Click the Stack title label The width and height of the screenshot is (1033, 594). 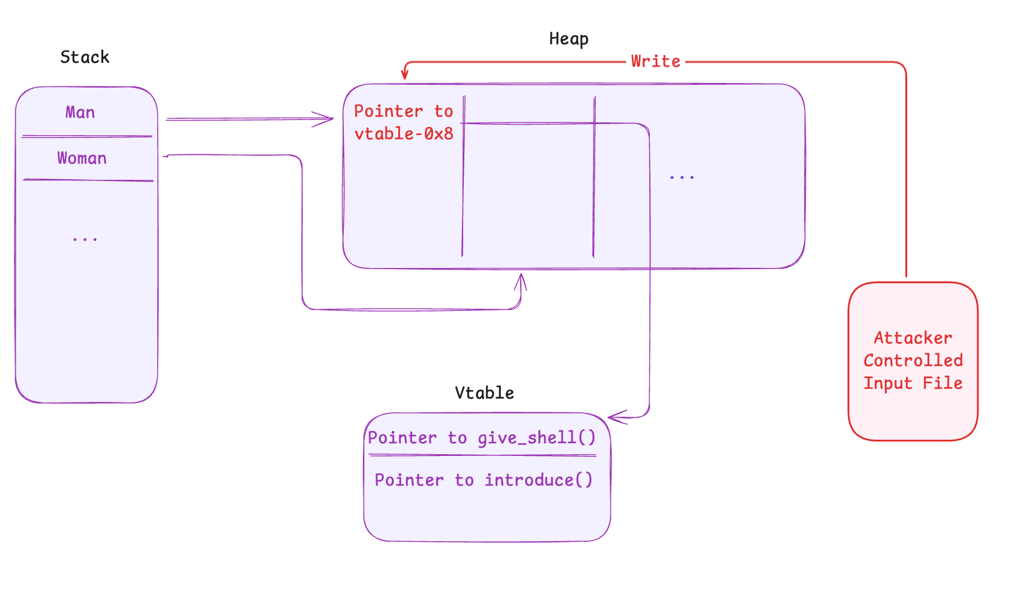(85, 57)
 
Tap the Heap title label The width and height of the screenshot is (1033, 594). (568, 39)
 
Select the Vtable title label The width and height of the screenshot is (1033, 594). (484, 393)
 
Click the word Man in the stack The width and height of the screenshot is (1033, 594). (80, 112)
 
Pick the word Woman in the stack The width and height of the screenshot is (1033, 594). (82, 158)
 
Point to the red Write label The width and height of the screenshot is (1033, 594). (655, 61)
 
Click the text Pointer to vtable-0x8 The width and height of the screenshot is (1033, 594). (403, 122)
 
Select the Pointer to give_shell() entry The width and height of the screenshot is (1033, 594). (481, 437)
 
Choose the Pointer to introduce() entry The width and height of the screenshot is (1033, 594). (483, 480)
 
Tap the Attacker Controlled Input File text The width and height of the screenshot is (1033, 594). (912, 360)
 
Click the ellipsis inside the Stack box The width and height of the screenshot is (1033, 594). (85, 239)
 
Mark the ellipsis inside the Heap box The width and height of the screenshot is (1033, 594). (681, 177)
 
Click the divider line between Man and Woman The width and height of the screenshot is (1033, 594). (87, 136)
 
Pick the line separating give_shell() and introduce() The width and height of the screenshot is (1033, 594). (482, 455)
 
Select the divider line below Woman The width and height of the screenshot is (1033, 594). (88, 180)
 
